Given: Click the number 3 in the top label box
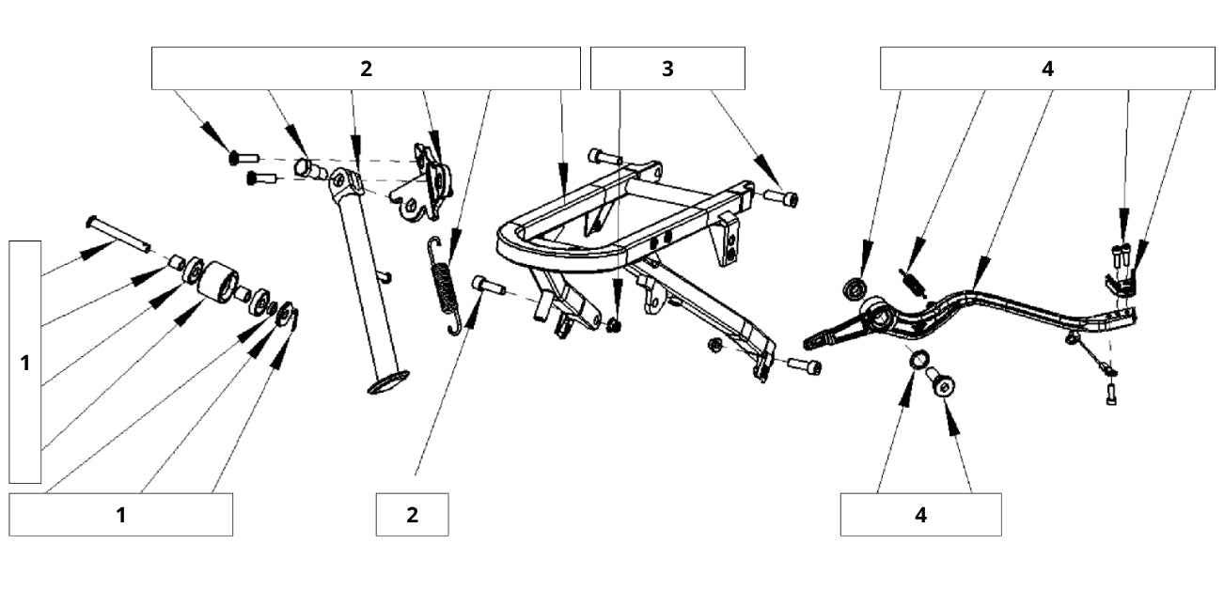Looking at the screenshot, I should click(667, 69).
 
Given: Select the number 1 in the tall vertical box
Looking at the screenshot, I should click(25, 363).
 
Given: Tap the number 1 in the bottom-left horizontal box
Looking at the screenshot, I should click(120, 515).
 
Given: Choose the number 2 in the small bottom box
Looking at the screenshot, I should click(412, 515).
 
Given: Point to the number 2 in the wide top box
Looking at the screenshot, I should click(366, 69).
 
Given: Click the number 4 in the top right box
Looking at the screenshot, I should click(1047, 69).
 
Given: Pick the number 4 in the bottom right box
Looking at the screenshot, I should click(920, 515).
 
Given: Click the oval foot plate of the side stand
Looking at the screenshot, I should click(387, 382).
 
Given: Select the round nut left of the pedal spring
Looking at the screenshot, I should click(855, 288).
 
